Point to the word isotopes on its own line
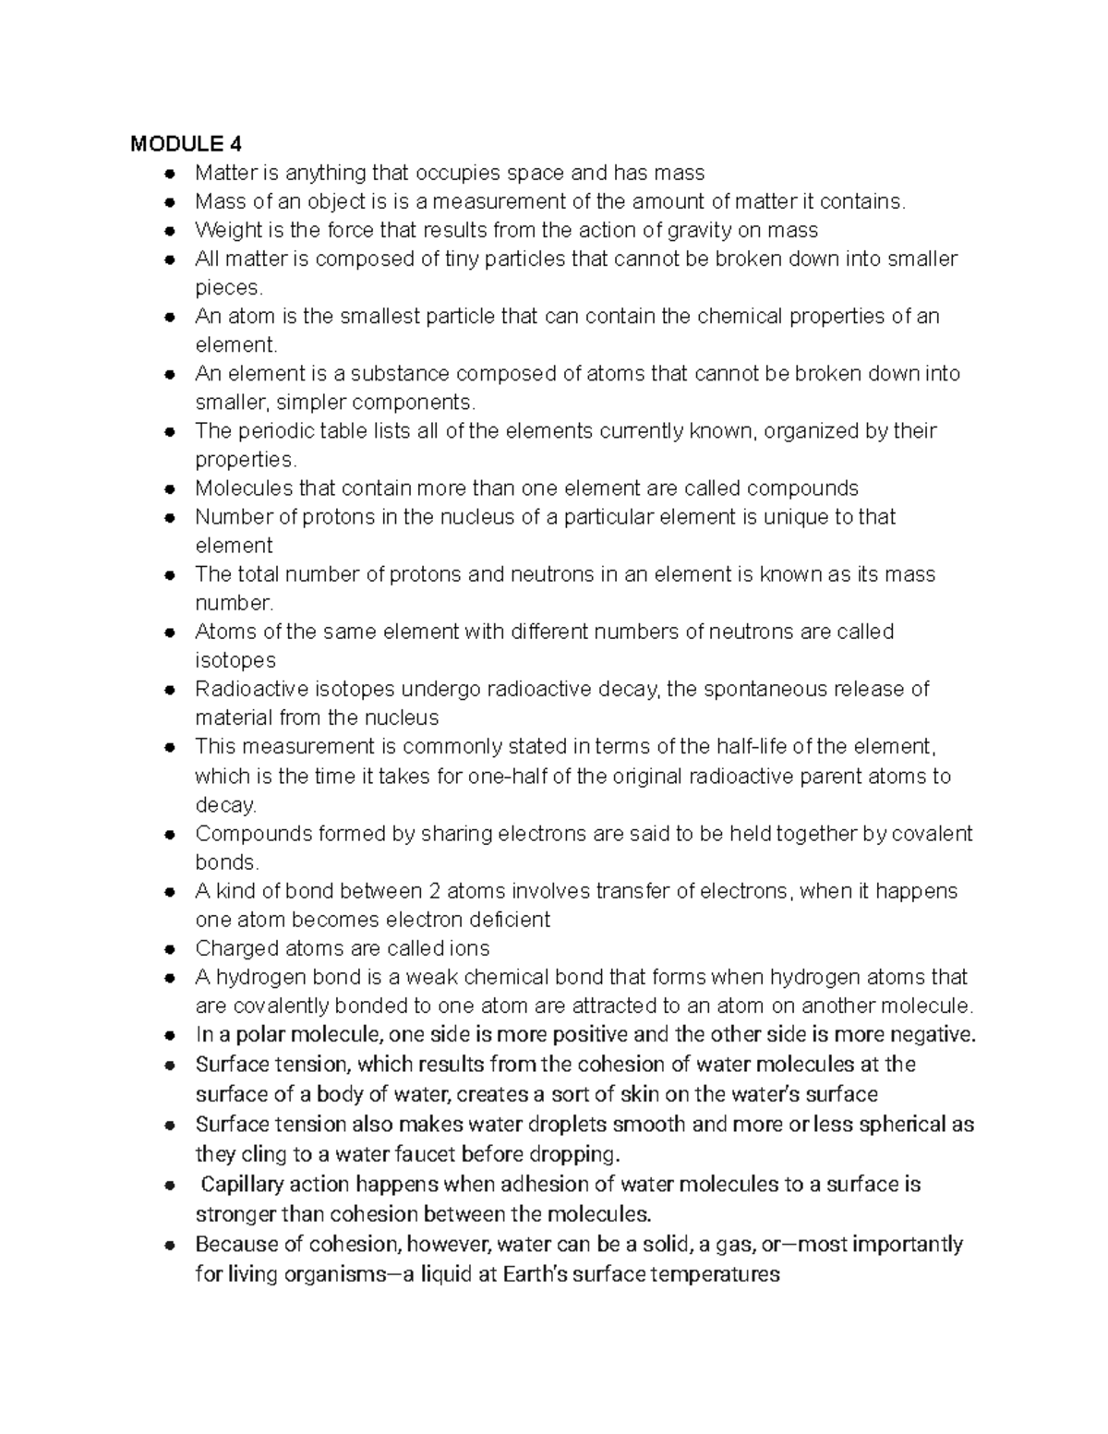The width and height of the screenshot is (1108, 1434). click(235, 660)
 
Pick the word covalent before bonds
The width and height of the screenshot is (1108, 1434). click(932, 833)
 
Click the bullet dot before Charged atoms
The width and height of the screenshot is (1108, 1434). click(169, 949)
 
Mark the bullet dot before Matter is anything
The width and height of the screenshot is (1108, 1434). click(169, 174)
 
